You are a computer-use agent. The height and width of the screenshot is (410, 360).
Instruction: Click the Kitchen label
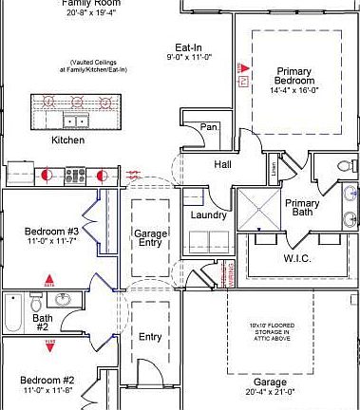[x=67, y=140]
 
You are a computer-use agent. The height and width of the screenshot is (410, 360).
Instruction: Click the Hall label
[x=222, y=164]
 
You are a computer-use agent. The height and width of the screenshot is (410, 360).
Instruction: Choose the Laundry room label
[x=208, y=215]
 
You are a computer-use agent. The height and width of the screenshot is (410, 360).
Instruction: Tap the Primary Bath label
[x=303, y=209]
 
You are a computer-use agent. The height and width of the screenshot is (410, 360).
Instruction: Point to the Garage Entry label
[x=150, y=239]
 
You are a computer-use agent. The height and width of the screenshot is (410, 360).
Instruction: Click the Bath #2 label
[x=43, y=322]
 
